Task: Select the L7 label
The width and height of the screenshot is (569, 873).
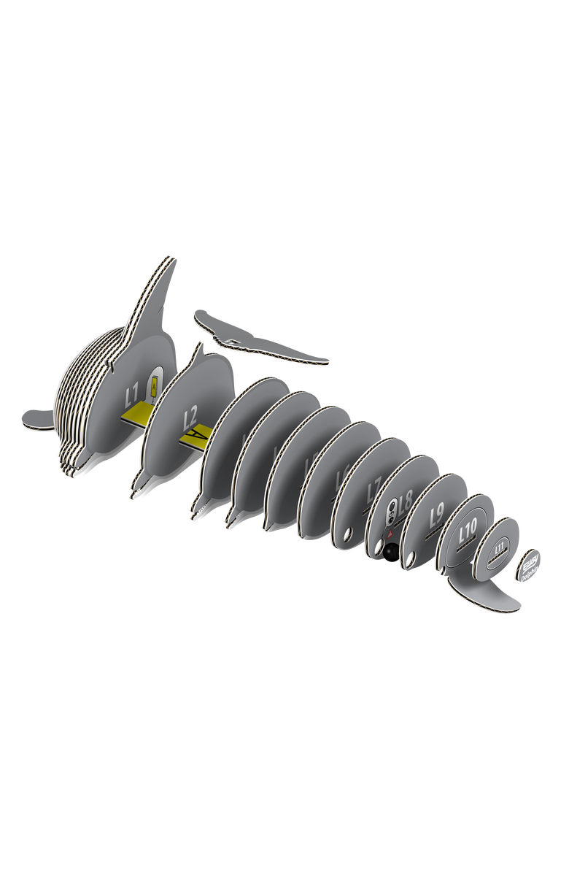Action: tap(374, 488)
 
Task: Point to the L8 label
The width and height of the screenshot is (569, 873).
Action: tap(406, 501)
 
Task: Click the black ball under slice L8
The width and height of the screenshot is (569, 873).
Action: tap(391, 553)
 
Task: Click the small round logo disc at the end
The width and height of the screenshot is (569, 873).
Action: tap(530, 564)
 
